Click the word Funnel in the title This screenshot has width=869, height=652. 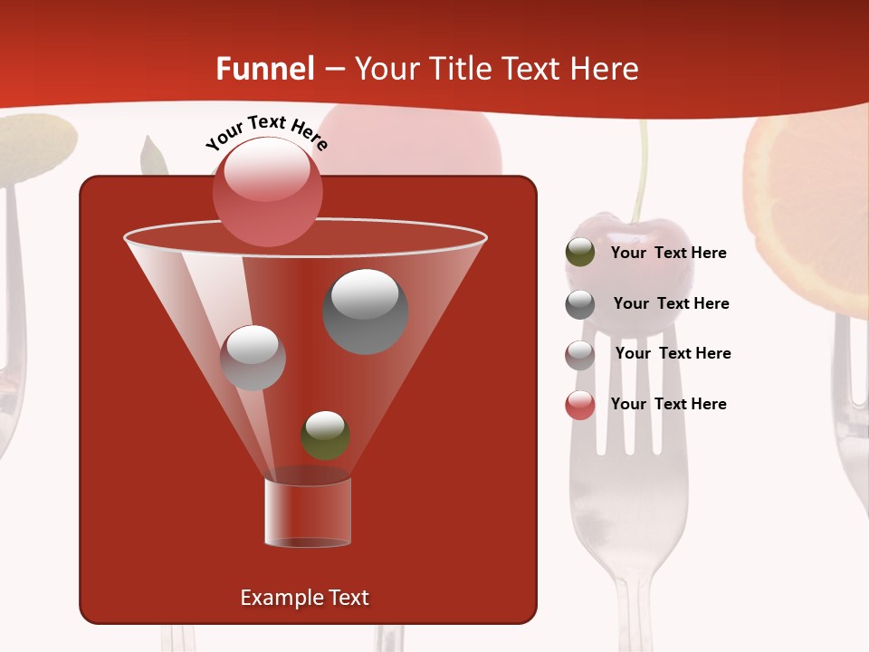(x=265, y=69)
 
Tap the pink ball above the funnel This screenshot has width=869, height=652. (x=267, y=191)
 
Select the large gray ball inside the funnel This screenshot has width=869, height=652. (x=366, y=312)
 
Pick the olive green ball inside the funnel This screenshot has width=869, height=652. (x=325, y=436)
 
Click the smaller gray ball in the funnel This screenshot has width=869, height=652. (x=253, y=358)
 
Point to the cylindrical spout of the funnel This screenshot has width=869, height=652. (x=308, y=513)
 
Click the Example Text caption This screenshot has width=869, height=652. (x=304, y=598)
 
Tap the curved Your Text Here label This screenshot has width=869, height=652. (x=266, y=132)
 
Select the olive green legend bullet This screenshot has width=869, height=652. (x=580, y=252)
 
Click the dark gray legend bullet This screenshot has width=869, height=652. (x=580, y=304)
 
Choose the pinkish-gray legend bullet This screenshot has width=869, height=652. (x=580, y=355)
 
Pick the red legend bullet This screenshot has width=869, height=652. (x=580, y=405)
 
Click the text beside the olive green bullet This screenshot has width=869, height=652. (x=668, y=254)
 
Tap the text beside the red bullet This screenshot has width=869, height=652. (x=668, y=404)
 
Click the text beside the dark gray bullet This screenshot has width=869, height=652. (x=671, y=304)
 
